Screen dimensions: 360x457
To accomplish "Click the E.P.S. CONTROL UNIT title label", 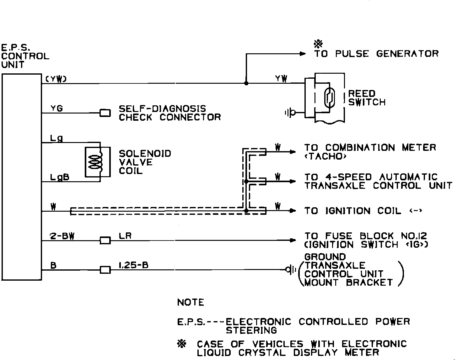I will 25,56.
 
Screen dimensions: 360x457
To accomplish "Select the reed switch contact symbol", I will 329,98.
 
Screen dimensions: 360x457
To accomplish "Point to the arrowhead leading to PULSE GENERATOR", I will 303,54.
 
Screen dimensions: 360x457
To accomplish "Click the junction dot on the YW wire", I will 246,83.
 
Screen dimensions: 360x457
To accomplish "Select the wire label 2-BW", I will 62,236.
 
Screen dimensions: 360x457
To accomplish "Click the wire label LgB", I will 60,177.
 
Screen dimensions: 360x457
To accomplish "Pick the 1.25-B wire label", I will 133,265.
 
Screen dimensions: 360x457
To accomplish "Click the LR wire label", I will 125,236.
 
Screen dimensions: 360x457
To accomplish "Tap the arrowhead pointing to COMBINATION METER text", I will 293,152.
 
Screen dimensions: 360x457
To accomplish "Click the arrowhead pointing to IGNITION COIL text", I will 293,211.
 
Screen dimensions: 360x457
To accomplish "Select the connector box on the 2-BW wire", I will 105,241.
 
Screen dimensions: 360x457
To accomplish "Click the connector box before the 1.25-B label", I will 105,270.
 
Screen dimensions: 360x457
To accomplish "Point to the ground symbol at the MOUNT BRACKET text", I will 291,269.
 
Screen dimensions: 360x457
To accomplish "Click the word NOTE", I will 191,302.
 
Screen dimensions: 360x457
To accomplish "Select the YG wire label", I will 56,109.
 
